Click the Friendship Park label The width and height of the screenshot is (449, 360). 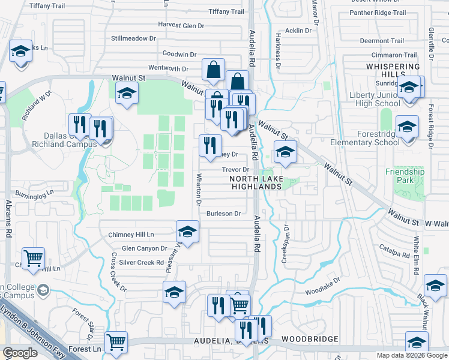tap(405, 176)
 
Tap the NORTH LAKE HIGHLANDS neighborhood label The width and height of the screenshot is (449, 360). tap(256, 182)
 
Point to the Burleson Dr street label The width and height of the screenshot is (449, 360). tap(223, 214)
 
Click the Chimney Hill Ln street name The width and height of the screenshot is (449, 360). tap(131, 235)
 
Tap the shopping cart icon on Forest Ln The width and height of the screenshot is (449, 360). tap(116, 343)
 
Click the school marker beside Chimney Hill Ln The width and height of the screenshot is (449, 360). tap(188, 232)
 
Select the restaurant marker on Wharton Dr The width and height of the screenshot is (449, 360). tap(210, 146)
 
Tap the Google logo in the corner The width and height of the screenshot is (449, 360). tap(20, 353)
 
